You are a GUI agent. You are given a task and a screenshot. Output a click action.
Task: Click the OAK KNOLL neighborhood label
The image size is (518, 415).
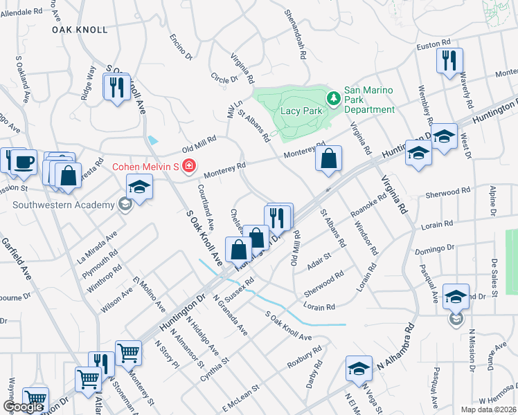(x=80, y=30)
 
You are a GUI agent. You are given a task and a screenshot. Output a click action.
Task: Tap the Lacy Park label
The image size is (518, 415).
(x=299, y=111)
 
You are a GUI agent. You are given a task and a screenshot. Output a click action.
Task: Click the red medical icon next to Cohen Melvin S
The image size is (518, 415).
(x=188, y=167)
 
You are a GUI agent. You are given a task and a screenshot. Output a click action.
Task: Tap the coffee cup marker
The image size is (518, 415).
(x=23, y=161)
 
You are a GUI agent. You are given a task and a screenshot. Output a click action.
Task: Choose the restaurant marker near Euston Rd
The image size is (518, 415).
(x=449, y=60)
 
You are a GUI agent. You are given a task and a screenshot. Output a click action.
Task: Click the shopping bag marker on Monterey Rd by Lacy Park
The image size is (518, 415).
(x=328, y=158)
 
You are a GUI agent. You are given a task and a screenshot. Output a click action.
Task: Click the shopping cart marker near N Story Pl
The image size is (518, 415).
(x=128, y=353)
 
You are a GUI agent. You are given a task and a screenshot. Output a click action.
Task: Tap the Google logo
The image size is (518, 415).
(x=23, y=407)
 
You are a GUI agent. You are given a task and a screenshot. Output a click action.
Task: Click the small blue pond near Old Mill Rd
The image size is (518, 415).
(x=153, y=140)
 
